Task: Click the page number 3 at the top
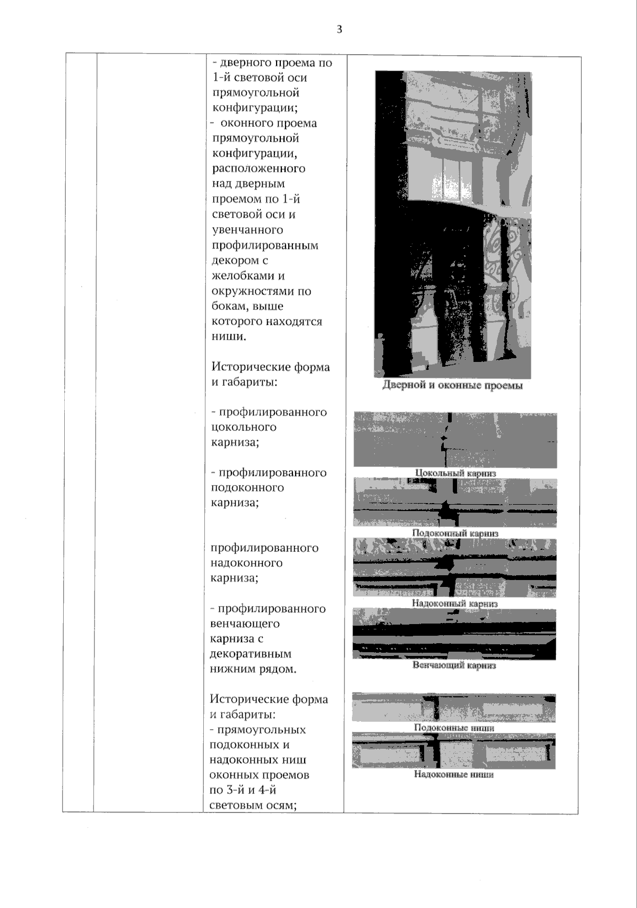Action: tap(339, 30)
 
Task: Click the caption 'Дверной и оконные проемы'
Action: tap(452, 386)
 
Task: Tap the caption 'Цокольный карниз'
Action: tap(455, 473)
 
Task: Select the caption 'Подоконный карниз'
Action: tap(455, 533)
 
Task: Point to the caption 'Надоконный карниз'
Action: tap(454, 603)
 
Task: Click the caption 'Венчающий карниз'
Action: tap(454, 665)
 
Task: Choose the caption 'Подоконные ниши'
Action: tap(454, 728)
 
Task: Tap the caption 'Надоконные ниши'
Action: tap(454, 774)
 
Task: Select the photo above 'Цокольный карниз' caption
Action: tap(455, 440)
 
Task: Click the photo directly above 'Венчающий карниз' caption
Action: tap(454, 634)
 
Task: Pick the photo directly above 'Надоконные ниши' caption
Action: tap(454, 751)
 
